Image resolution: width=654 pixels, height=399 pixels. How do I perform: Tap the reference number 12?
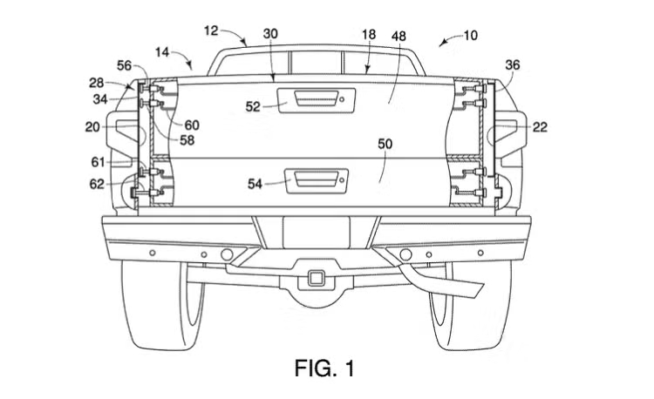coord(211,30)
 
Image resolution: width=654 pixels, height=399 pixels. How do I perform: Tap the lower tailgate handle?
coord(320,179)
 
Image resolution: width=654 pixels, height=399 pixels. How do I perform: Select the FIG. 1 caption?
coord(324,369)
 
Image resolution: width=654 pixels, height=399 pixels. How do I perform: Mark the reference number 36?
coord(513,64)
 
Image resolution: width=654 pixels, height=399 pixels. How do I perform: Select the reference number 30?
coord(270,33)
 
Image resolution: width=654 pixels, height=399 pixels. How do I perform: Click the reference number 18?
coord(369,33)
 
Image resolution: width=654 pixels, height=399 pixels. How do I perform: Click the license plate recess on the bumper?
coord(317,232)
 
